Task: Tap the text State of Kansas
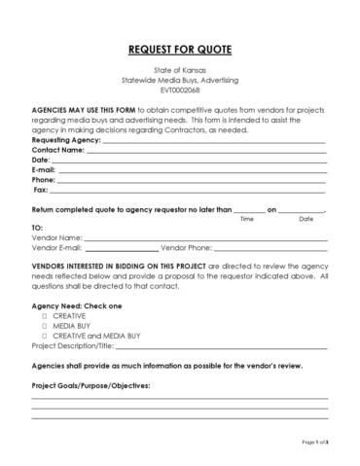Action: click(x=180, y=70)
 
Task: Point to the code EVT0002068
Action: click(x=180, y=90)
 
